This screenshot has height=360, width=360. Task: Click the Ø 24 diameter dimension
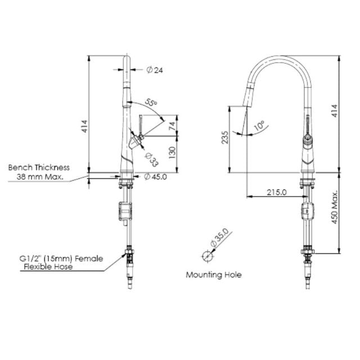155,70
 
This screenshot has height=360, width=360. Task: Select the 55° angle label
151,103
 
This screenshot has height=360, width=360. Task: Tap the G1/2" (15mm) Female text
61,259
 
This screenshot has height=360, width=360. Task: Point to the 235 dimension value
224,138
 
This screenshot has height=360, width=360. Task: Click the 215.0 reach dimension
276,192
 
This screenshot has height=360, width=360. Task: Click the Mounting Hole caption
214,275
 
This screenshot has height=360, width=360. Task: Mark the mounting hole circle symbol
208,256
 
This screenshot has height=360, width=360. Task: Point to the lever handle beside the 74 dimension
140,125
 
